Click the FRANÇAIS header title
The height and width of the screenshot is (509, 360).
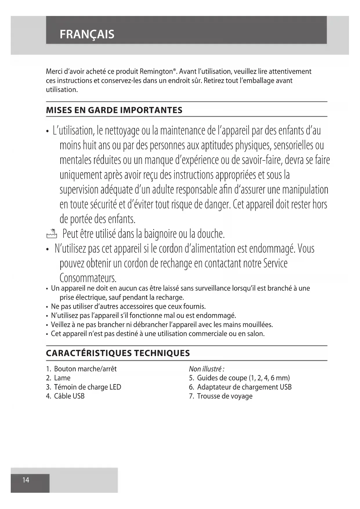tap(87, 34)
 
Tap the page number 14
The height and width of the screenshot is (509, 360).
tap(26, 480)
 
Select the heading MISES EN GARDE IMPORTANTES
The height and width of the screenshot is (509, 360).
tap(114, 110)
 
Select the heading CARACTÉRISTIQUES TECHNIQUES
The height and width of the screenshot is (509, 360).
tap(118, 353)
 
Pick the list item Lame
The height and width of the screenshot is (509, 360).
tap(62, 378)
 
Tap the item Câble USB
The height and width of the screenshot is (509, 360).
tap(69, 396)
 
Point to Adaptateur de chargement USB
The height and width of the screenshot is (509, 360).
tap(244, 387)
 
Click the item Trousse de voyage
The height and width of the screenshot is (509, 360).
tap(225, 396)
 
